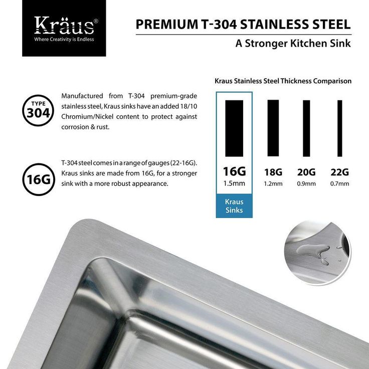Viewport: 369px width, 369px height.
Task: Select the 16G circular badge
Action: coord(38,178)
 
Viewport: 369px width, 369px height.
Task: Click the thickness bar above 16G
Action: coord(234,128)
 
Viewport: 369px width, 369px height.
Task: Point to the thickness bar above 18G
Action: coord(273,128)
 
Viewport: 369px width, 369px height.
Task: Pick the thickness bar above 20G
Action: coord(306,128)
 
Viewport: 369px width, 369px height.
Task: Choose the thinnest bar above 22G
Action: coord(339,128)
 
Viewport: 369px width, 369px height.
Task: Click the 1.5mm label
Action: coord(234,183)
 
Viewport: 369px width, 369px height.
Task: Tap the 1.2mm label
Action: coord(273,183)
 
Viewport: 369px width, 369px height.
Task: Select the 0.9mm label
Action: coord(306,183)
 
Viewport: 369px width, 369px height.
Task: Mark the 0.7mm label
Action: coord(339,183)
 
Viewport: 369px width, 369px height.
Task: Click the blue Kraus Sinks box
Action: coord(234,206)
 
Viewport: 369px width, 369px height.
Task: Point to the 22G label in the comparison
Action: coord(339,172)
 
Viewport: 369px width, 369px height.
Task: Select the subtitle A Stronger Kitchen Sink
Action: coord(293,43)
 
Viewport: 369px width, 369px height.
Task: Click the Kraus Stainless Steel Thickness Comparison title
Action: coord(283,81)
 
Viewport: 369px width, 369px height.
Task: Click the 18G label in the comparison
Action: coord(273,172)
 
